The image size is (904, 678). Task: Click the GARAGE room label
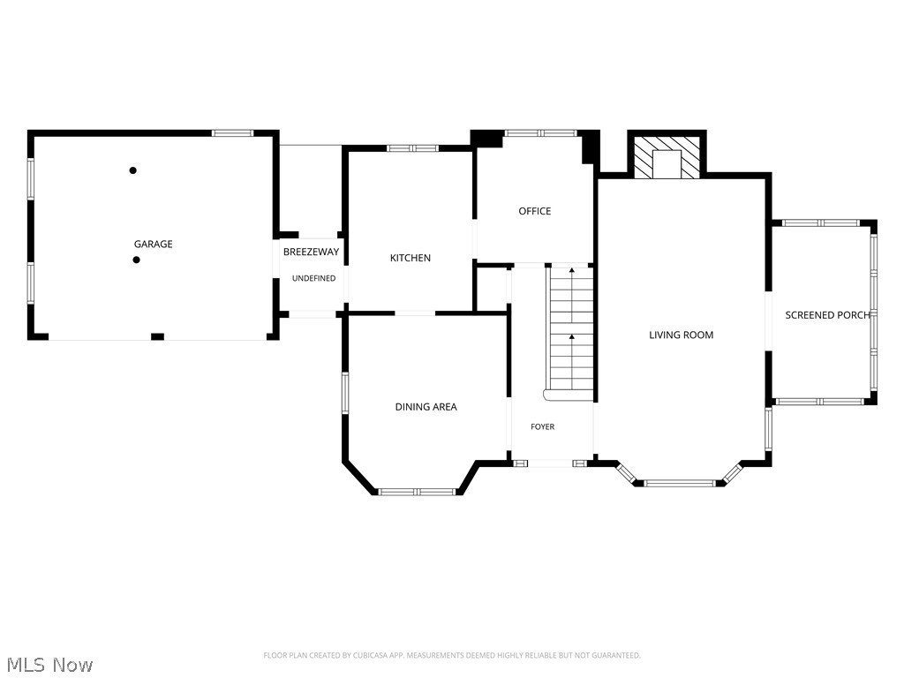pos(154,244)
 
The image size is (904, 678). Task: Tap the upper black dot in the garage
pos(132,170)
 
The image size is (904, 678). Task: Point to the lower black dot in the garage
pos(136,260)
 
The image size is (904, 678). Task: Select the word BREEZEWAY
pos(312,252)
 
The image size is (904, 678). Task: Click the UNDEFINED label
pos(313,278)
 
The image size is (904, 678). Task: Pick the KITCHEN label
pos(411,258)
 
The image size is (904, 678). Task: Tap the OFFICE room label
pos(534,211)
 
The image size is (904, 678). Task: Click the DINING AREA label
pos(426,406)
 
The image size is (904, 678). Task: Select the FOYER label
pos(543,426)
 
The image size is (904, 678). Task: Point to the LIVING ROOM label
pos(681,335)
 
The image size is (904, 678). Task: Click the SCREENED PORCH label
pos(827,315)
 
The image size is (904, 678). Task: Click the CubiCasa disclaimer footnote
pos(452,655)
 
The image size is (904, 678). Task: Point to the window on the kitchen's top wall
pos(413,148)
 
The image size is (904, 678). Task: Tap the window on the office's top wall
pos(541,133)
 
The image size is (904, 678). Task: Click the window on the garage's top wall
pos(232,133)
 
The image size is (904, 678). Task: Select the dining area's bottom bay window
pos(417,492)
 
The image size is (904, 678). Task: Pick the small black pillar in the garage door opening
pos(157,336)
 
